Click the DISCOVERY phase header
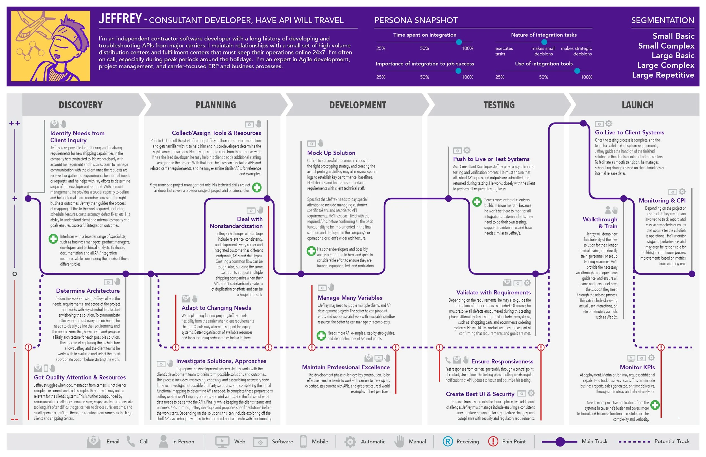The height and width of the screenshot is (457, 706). click(x=81, y=105)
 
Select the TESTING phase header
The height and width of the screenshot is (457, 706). click(x=499, y=105)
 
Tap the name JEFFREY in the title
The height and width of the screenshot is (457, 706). click(x=120, y=19)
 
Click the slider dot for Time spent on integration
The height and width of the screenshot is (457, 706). click(x=459, y=42)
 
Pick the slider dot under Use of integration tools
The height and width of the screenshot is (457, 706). click(x=577, y=71)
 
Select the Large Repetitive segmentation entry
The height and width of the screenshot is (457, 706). click(x=663, y=75)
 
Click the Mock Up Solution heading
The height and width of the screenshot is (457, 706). click(x=331, y=153)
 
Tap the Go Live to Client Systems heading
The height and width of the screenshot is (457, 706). click(x=629, y=132)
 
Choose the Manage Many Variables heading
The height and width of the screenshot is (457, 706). click(x=350, y=298)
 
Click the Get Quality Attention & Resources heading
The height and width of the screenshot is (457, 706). click(x=80, y=377)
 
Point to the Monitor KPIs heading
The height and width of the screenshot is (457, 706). click(x=637, y=367)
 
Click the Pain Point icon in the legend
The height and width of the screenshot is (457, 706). click(x=493, y=441)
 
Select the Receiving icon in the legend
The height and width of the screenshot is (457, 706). click(x=448, y=441)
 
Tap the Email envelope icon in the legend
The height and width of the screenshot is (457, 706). click(x=93, y=441)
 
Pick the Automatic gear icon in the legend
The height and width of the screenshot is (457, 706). click(x=350, y=442)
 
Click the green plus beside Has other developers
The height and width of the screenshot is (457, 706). click(x=311, y=251)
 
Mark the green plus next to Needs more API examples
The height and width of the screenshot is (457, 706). click(x=321, y=336)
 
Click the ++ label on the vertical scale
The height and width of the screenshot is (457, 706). click(x=14, y=123)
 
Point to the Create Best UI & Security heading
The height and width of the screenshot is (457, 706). click(x=480, y=394)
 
